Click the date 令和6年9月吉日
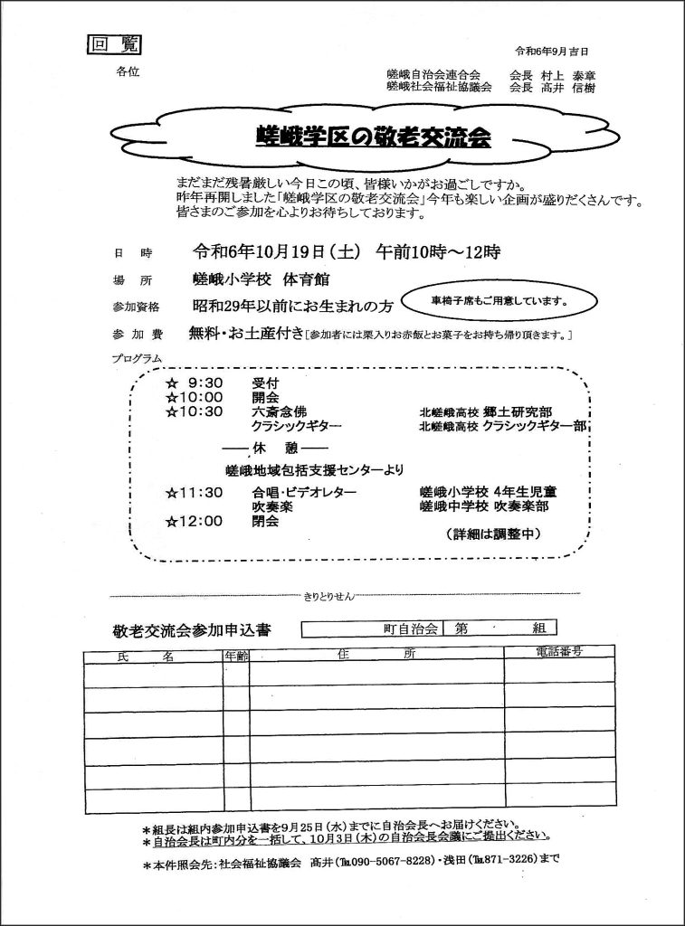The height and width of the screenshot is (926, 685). click(551, 51)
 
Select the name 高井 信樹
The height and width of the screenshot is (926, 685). click(566, 88)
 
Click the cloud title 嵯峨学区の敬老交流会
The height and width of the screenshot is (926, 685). click(373, 137)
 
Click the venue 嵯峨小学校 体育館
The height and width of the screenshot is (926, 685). click(249, 279)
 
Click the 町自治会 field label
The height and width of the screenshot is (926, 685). click(410, 627)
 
